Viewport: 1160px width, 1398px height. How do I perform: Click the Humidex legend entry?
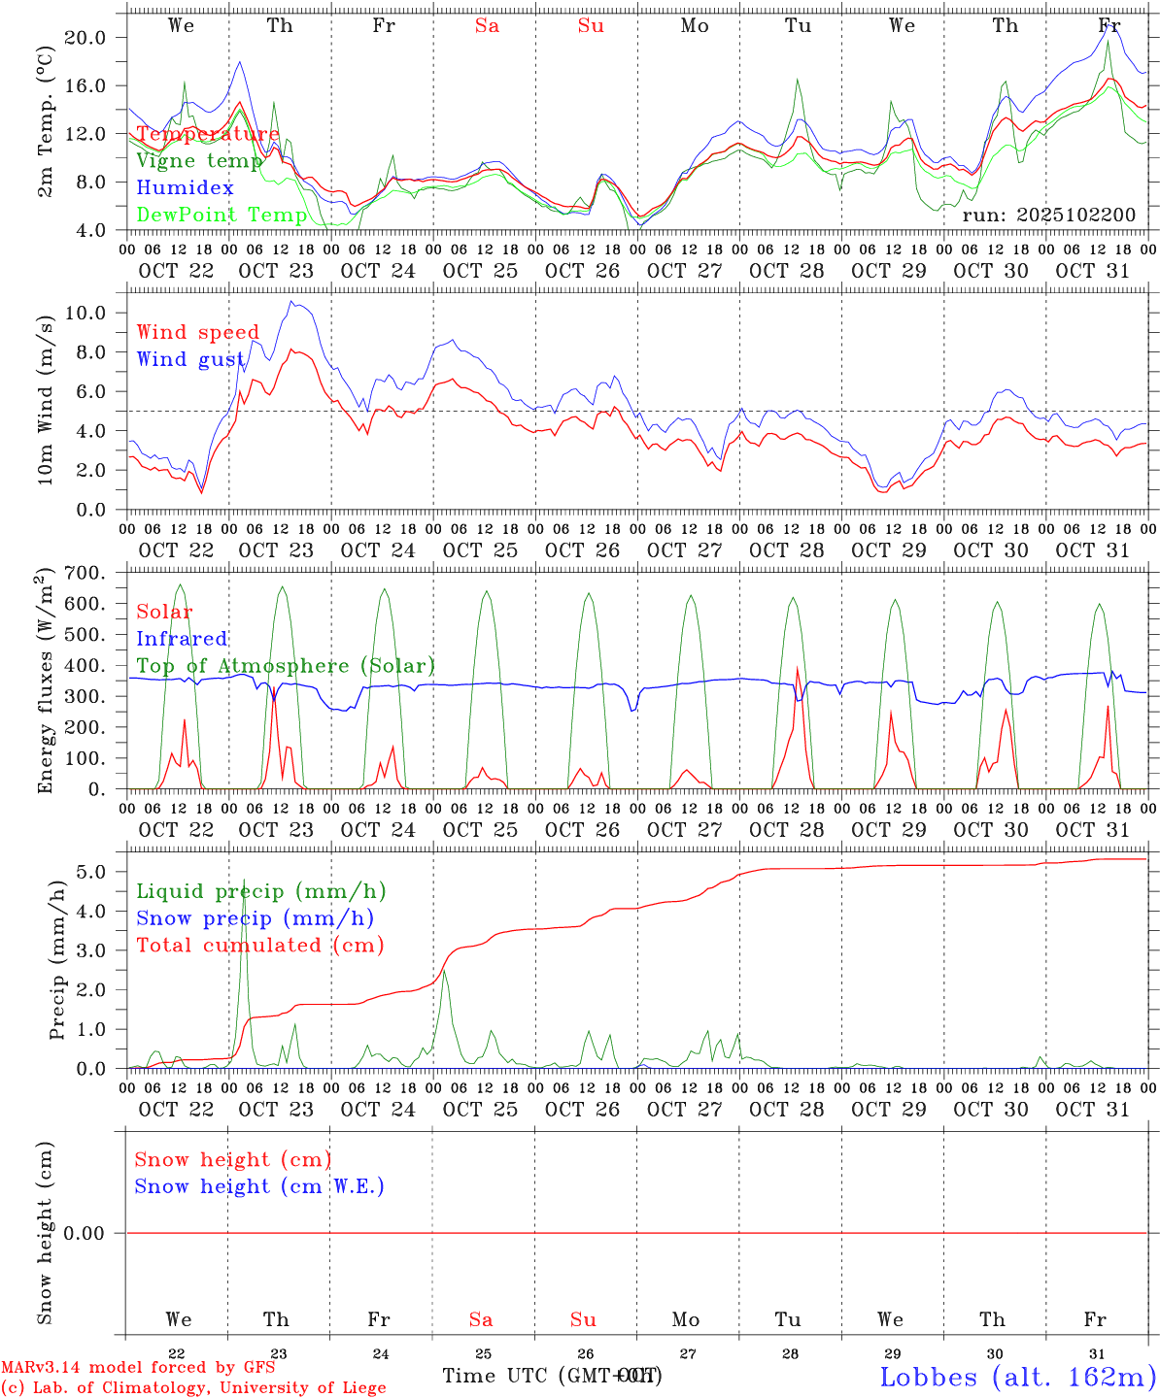click(186, 188)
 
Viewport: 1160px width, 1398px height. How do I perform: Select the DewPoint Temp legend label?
click(222, 215)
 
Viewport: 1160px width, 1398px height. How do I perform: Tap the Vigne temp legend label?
click(199, 161)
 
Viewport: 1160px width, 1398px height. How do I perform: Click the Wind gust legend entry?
click(190, 359)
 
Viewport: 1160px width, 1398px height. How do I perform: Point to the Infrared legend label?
click(182, 639)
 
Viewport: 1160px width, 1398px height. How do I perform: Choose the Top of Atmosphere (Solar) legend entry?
click(286, 666)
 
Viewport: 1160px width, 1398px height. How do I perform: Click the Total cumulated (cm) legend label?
click(259, 945)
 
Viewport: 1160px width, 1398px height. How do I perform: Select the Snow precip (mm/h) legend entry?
click(255, 918)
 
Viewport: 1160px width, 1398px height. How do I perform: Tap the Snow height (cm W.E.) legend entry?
click(259, 1186)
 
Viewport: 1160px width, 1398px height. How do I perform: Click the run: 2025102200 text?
click(1048, 215)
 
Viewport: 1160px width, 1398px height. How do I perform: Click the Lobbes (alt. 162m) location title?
click(1017, 1377)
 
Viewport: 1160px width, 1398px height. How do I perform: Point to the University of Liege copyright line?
click(193, 1387)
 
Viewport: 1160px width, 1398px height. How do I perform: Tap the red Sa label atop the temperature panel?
click(487, 25)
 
